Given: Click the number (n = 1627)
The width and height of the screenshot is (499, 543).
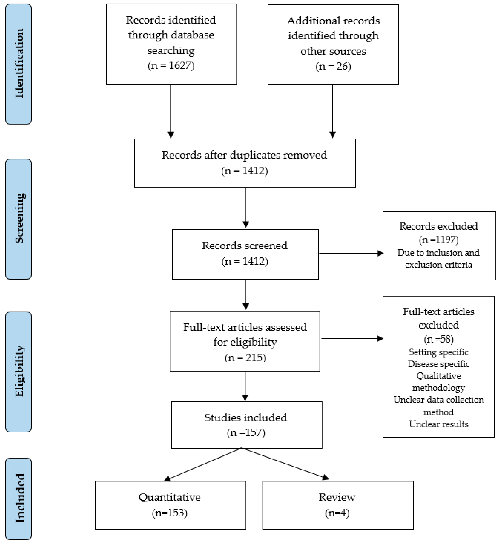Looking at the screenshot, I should tap(171, 66).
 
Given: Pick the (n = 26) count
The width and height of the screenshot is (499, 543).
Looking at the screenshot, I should tap(333, 66).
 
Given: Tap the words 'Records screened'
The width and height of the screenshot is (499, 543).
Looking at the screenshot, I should tap(245, 246).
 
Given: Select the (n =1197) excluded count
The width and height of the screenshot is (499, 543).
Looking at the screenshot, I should tap(438, 240).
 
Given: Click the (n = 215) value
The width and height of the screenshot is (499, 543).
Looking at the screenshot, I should tap(245, 358).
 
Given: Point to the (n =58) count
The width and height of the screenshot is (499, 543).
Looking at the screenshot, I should tap(438, 339).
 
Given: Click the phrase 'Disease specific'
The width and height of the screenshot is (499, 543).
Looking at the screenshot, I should tap(438, 364).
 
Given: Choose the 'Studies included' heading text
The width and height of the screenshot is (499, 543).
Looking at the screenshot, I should tap(246, 418).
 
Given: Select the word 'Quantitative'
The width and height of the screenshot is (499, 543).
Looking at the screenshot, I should tap(170, 497).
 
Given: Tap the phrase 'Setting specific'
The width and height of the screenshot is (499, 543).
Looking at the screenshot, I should tap(438, 352).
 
